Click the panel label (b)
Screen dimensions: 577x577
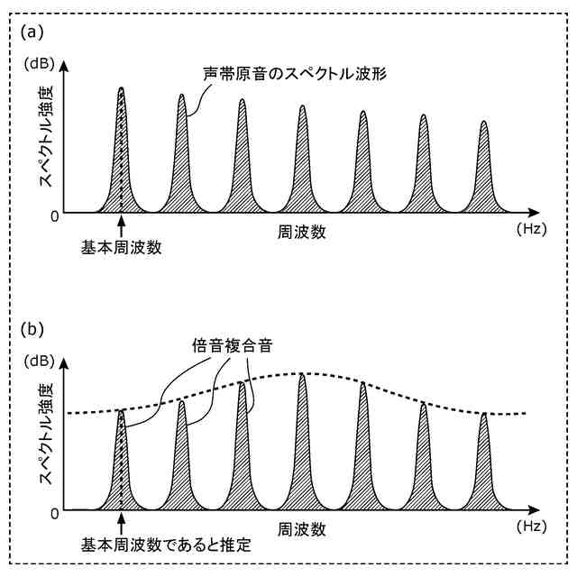32,328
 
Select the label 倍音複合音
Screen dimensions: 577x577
233,346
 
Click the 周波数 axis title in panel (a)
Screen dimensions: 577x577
302,233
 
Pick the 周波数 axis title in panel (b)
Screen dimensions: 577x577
302,529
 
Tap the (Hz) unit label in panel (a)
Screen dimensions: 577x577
532,231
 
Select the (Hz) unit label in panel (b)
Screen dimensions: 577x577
532,527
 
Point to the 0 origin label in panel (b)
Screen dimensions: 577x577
55,513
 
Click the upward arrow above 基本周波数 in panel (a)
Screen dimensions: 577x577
121,226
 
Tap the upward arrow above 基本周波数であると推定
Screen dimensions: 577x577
121,524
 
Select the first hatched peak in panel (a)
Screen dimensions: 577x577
121,171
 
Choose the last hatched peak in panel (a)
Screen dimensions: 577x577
483,180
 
